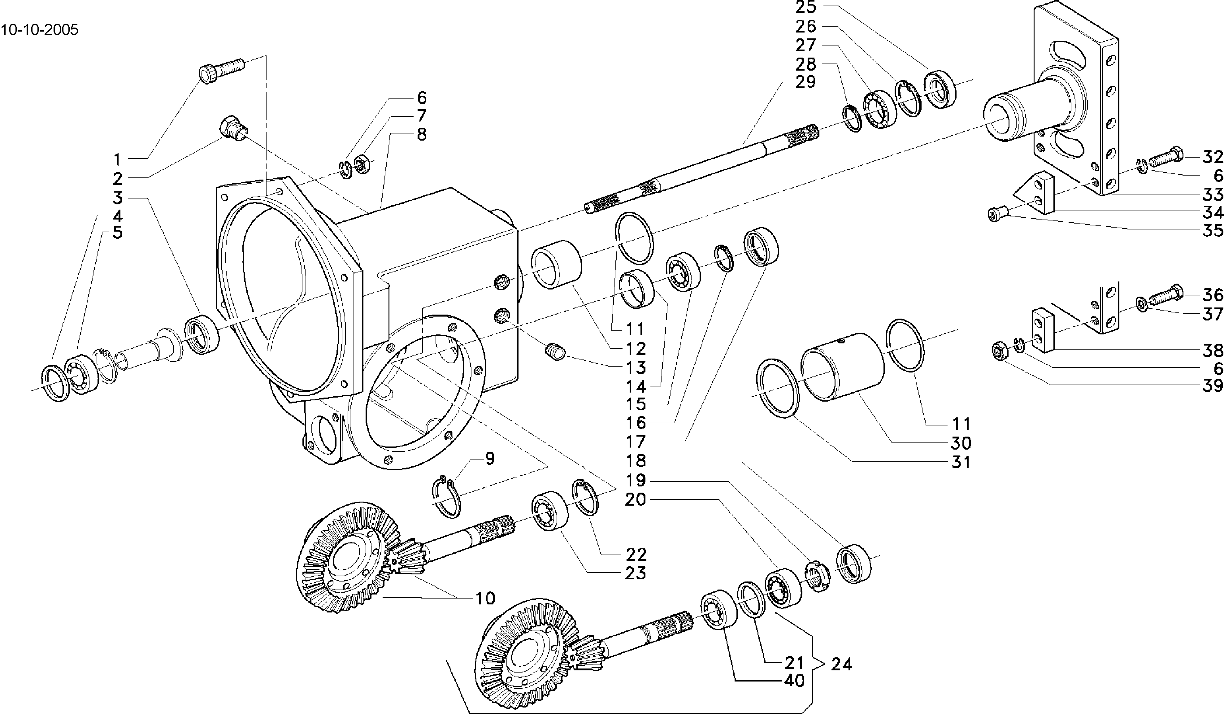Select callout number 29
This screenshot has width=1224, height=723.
pos(805,82)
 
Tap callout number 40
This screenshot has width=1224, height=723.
pos(794,680)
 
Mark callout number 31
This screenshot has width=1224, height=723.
pos(961,462)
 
